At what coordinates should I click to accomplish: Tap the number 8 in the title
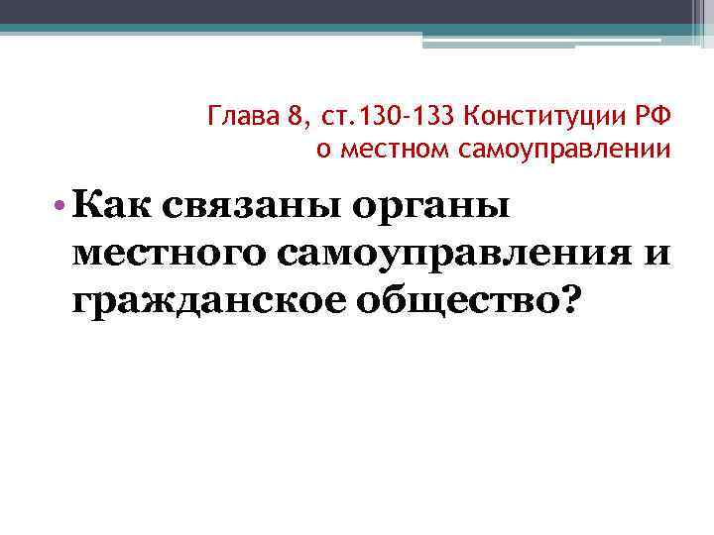tap(294, 121)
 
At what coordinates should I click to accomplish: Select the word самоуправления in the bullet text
tap(450, 254)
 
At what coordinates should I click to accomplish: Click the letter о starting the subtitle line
tap(321, 151)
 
